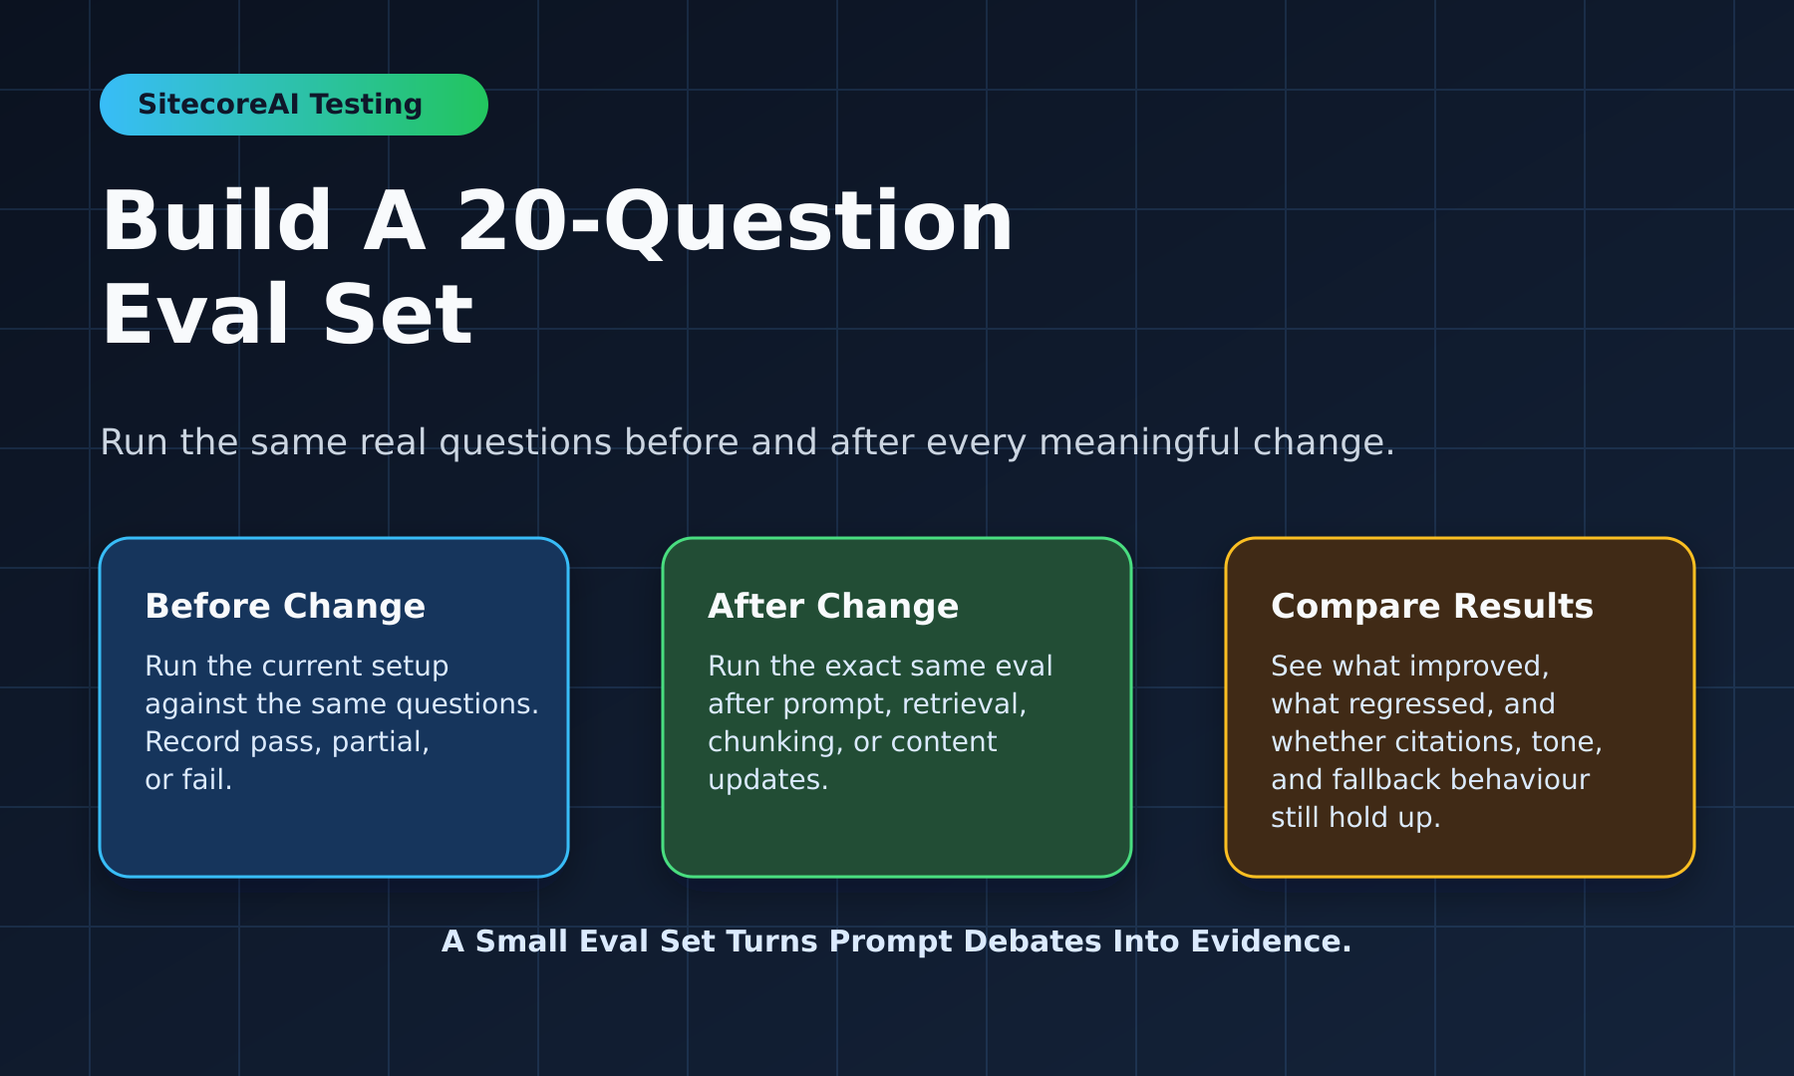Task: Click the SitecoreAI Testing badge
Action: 294,105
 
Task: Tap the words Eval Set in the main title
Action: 287,315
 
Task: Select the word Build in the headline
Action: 217,220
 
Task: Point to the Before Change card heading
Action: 285,606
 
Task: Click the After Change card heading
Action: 833,606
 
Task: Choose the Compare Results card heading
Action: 1432,606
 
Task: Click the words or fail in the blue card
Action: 188,779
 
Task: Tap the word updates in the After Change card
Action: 768,780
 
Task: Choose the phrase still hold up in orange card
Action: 1355,818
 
